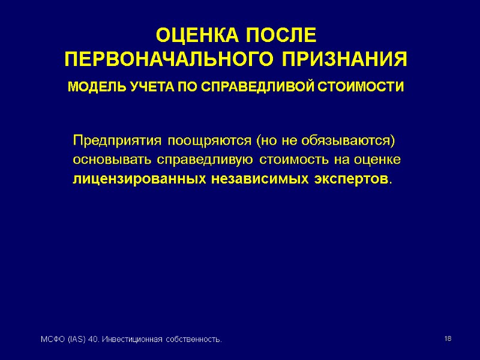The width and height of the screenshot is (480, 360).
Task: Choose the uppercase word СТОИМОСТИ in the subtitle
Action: point(362,88)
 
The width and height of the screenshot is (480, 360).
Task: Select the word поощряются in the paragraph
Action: point(209,142)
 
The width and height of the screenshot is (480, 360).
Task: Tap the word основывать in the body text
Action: point(113,161)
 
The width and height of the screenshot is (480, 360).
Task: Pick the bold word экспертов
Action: point(351,179)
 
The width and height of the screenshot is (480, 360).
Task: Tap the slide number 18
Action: point(448,340)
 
